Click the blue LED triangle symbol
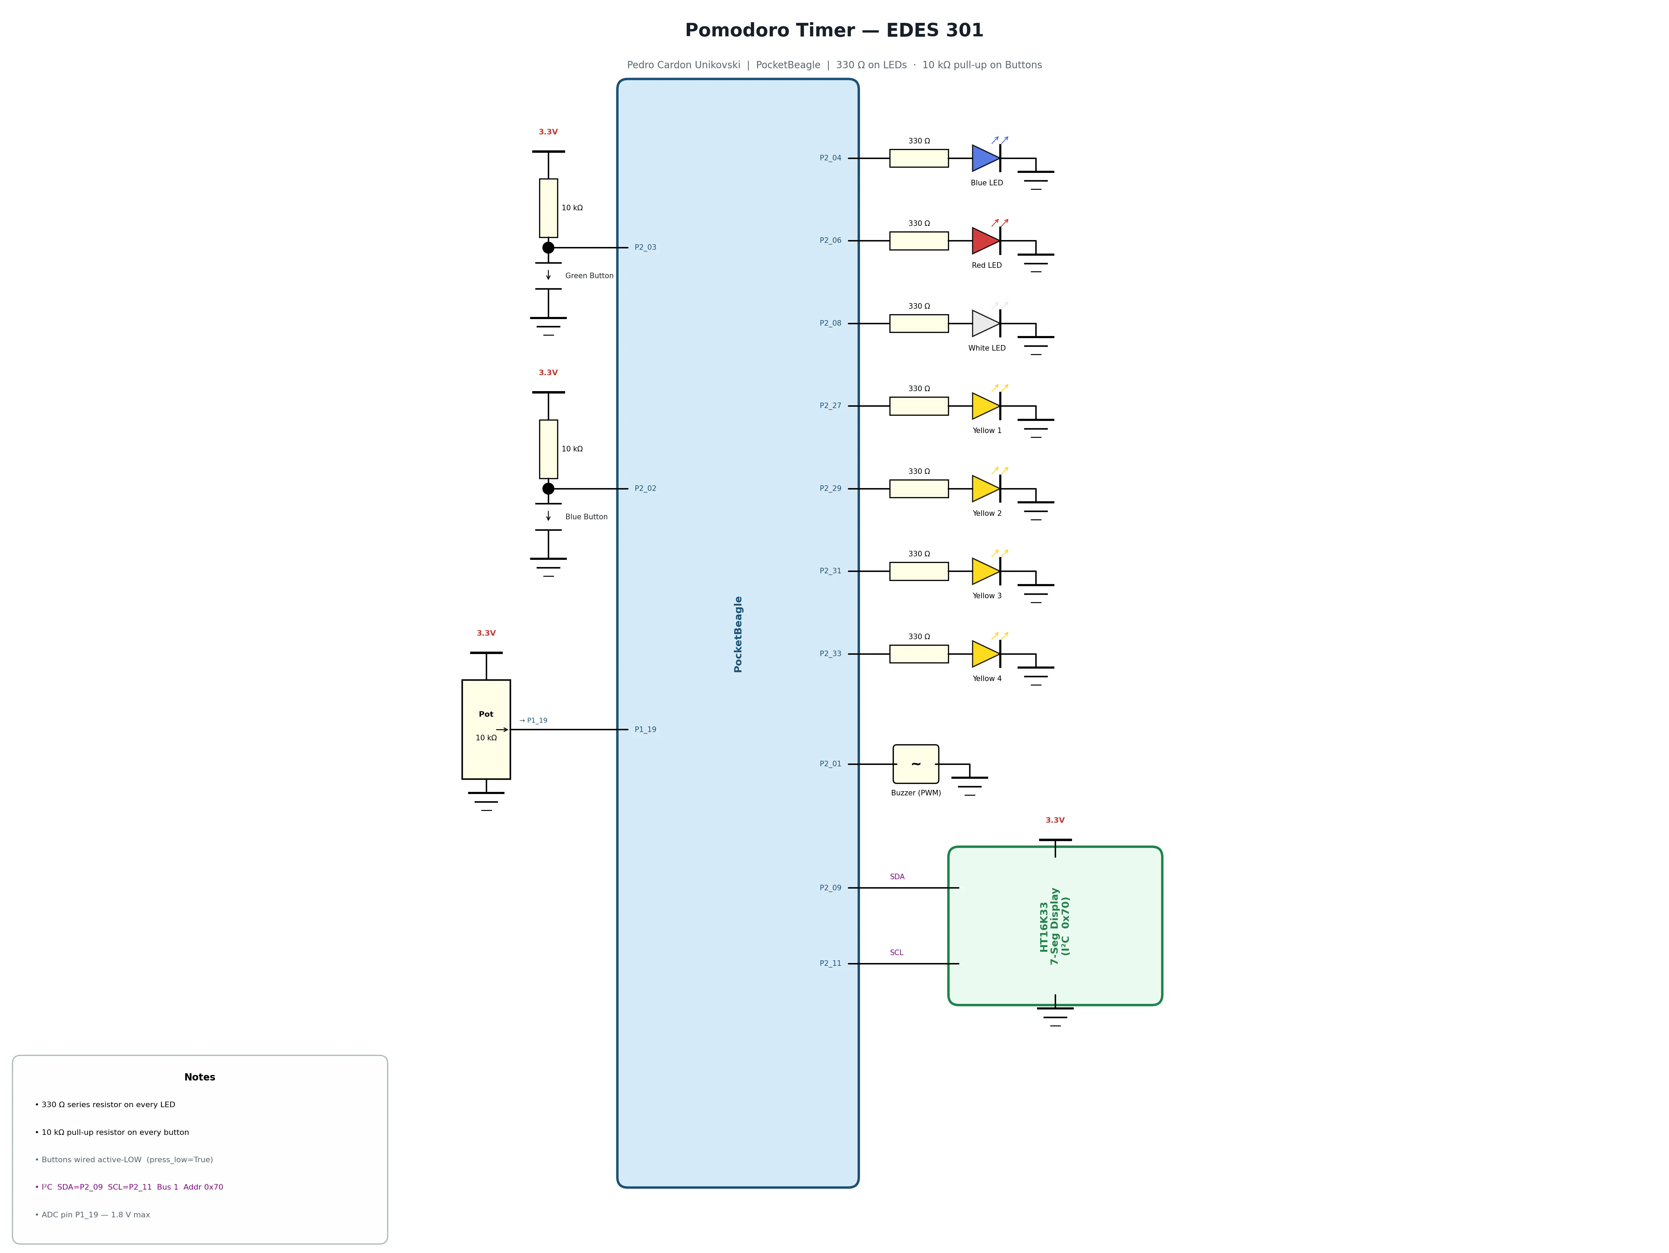[985, 158]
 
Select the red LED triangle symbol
[985, 241]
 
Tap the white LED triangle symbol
[985, 324]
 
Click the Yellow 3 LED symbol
[985, 571]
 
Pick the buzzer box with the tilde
[916, 764]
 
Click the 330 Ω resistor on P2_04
[919, 158]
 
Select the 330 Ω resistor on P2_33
[919, 654]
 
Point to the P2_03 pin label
[645, 247]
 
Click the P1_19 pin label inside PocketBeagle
[645, 730]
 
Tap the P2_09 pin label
[831, 888]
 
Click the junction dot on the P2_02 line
[548, 489]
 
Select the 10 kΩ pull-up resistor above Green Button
[548, 208]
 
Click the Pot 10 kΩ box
[486, 730]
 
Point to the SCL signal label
[896, 953]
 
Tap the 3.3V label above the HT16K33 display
[1055, 820]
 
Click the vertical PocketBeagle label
[738, 634]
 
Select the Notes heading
[200, 1077]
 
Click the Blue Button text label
[586, 517]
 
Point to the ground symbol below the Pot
[486, 801]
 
